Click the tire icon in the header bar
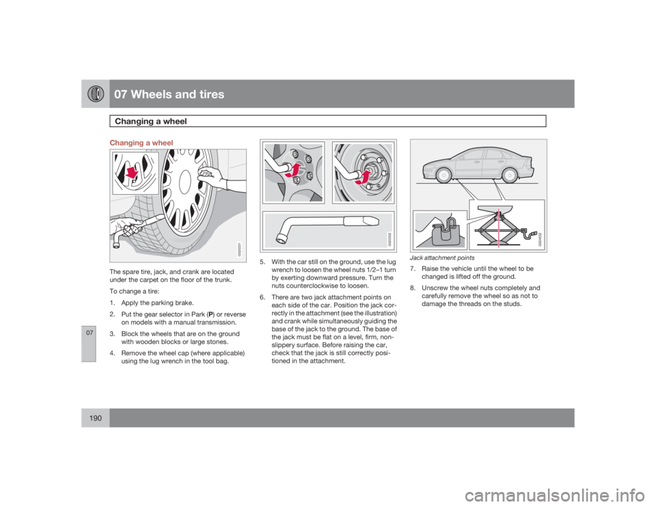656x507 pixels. pyautogui.click(x=94, y=94)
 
